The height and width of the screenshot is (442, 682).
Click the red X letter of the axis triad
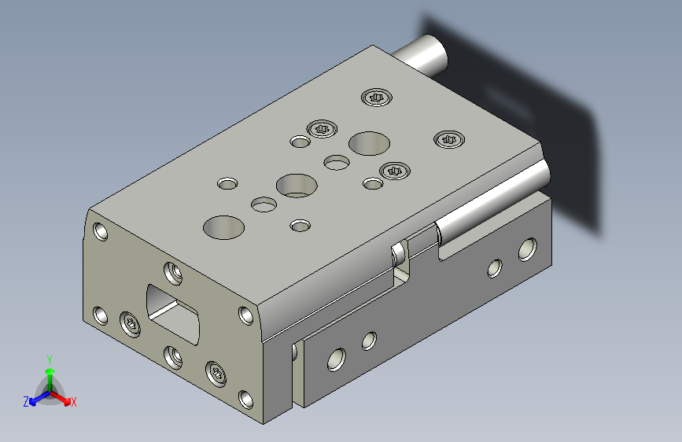(73, 402)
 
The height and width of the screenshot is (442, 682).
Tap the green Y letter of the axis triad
(50, 360)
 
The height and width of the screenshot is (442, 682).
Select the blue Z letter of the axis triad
(26, 402)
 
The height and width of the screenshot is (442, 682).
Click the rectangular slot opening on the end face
(173, 314)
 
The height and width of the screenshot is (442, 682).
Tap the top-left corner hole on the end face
(101, 231)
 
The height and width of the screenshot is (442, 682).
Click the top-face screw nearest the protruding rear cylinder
(377, 97)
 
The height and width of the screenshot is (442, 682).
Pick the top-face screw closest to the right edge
(449, 139)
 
